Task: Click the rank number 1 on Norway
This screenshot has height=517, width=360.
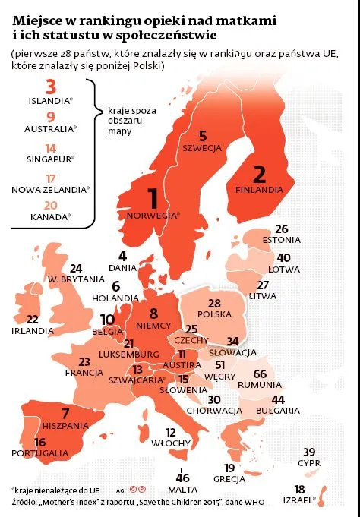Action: point(153,199)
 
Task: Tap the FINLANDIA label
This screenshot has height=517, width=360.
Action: point(259,189)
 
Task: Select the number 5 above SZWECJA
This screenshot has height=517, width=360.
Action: point(203,136)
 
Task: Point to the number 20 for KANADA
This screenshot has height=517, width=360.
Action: point(50,206)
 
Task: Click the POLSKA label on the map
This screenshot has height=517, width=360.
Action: point(214,314)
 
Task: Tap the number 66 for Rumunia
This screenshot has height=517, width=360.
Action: point(280,374)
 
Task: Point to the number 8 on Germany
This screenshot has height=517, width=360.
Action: point(153,313)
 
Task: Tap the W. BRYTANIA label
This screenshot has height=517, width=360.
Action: point(76,279)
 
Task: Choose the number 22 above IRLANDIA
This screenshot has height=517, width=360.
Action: point(33,320)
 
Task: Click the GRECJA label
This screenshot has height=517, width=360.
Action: point(229,479)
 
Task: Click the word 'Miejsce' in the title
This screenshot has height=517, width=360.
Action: point(37,17)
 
